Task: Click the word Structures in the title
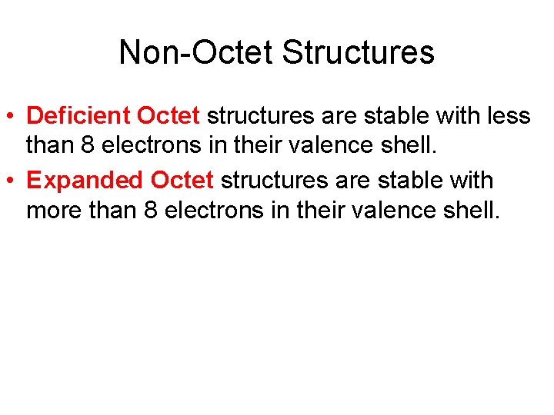point(359,52)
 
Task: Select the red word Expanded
point(85,181)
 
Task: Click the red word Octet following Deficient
point(169,116)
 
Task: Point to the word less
point(509,116)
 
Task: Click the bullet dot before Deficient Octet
point(12,117)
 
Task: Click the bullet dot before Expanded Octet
point(12,181)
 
